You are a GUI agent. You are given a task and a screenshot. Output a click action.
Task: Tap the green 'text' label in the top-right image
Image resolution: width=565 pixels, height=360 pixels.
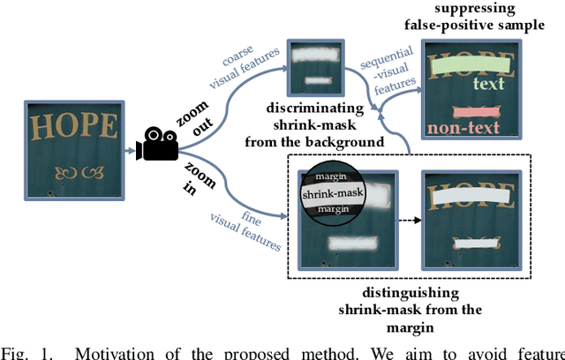pyautogui.click(x=487, y=84)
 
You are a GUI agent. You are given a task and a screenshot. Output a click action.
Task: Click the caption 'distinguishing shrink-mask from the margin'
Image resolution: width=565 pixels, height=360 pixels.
pyautogui.click(x=410, y=309)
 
